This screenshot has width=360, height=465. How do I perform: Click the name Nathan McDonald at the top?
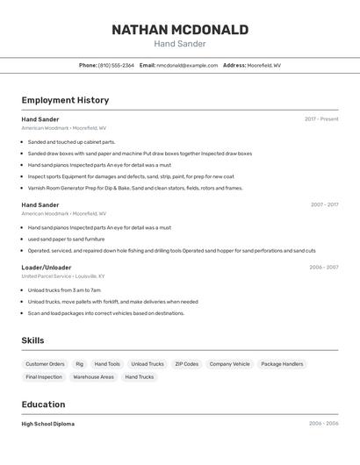(179, 30)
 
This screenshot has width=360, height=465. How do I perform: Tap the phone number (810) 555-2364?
(116, 65)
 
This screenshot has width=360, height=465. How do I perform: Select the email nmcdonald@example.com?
(187, 65)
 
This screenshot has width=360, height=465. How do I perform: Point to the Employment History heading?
(65, 100)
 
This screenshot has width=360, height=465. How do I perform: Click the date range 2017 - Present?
(321, 119)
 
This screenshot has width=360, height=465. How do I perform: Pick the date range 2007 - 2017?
(324, 204)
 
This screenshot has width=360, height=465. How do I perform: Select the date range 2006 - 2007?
(323, 268)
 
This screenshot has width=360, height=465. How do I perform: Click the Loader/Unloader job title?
(47, 268)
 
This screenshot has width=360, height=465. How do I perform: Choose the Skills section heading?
(32, 340)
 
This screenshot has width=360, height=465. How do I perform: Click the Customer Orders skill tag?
(45, 364)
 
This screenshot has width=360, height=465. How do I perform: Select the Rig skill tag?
(79, 364)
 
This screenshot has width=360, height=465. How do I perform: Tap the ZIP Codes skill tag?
(186, 364)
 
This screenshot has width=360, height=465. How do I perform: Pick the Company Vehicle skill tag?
(229, 364)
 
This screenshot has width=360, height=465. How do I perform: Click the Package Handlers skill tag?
(282, 364)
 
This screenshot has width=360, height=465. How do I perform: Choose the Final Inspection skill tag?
(44, 377)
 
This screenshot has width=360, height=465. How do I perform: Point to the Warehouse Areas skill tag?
(93, 377)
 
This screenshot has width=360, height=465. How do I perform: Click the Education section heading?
(43, 404)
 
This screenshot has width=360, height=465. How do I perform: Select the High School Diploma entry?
(47, 424)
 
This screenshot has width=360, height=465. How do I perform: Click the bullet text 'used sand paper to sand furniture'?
(66, 239)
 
